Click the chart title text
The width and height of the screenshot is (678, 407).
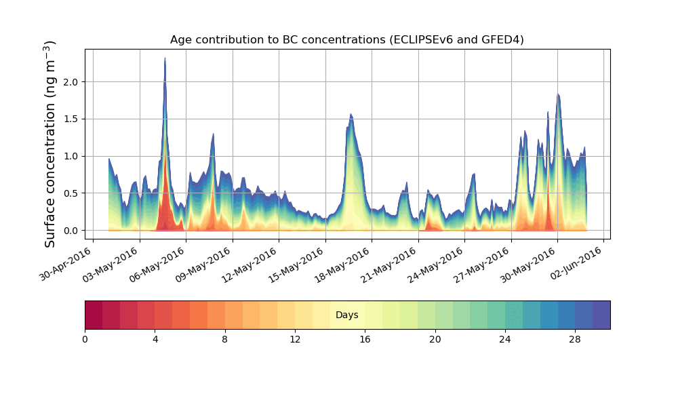click(x=346, y=39)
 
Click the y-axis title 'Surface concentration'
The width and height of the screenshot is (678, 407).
click(x=50, y=144)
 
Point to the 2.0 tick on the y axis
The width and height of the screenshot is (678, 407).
click(x=71, y=82)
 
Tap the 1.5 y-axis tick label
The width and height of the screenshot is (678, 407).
click(x=71, y=119)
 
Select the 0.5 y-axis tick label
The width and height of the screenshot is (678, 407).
click(x=71, y=193)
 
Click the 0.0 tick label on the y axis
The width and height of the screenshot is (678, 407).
click(x=71, y=231)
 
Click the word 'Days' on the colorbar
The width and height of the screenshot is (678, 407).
click(x=346, y=315)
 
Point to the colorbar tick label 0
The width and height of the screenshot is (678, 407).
click(x=85, y=339)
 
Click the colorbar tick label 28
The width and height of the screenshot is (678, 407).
click(x=575, y=339)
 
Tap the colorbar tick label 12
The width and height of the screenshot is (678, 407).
click(x=295, y=339)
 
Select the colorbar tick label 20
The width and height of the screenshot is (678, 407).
click(x=435, y=339)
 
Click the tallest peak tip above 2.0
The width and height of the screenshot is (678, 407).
click(x=165, y=59)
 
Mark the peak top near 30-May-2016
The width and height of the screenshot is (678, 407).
click(x=558, y=94)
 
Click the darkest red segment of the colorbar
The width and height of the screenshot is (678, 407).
click(x=94, y=315)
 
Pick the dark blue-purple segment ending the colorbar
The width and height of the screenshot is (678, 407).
click(x=601, y=315)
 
